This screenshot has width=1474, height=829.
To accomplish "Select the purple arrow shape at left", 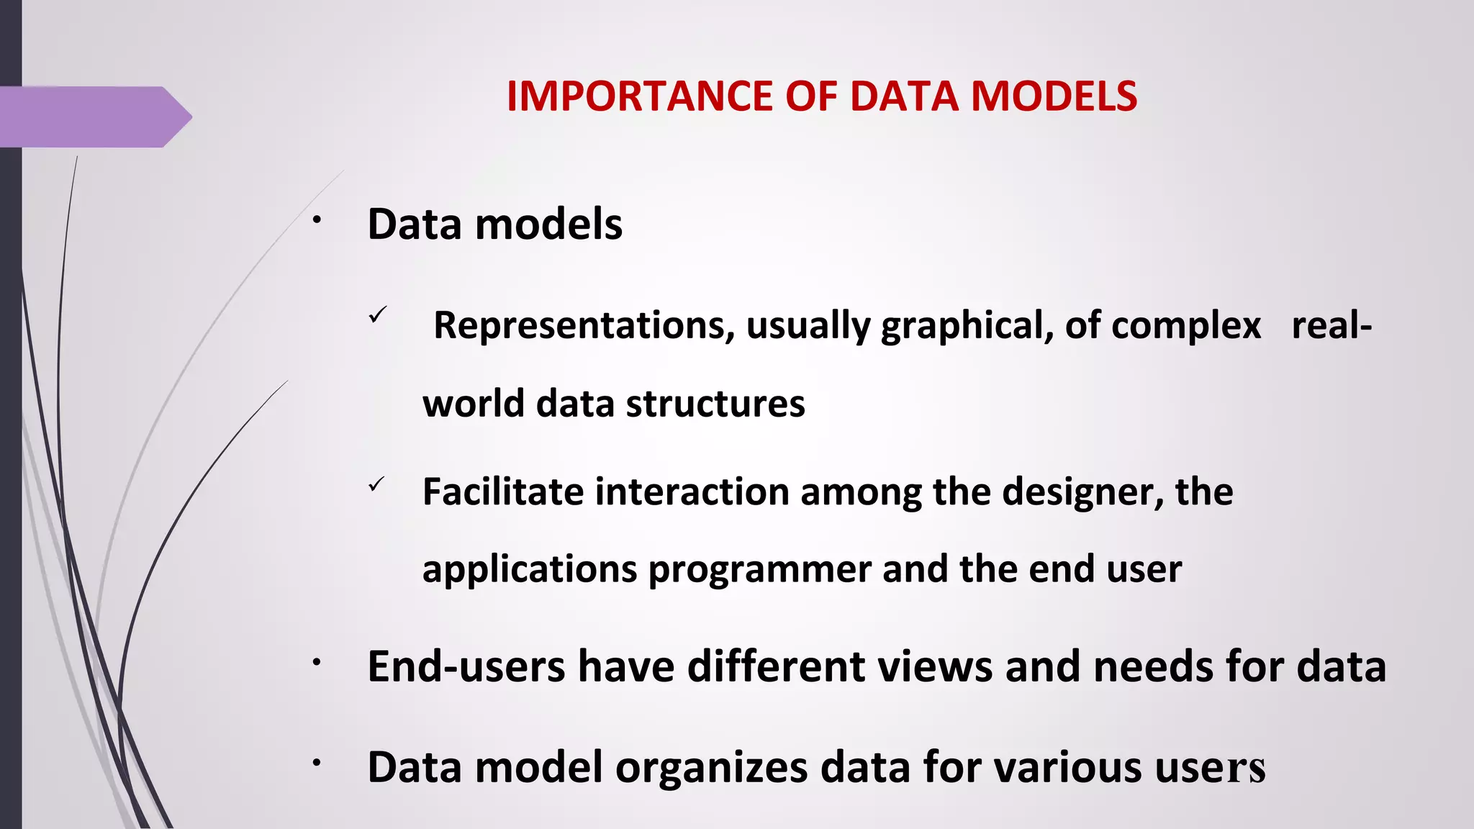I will coord(94,117).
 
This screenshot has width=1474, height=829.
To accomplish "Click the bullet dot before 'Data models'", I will coord(316,220).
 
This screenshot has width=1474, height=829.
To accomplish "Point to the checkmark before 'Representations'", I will coord(378,315).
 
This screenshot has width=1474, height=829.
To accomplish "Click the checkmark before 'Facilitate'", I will coord(376,484).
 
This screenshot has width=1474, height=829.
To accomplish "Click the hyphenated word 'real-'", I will coord(1331,325).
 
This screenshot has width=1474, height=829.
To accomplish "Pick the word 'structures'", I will coord(715,403).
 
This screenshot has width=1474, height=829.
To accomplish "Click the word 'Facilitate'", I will coord(502,492).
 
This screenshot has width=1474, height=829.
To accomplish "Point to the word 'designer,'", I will coord(1082,492).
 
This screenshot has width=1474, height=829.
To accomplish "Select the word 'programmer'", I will coord(759,570).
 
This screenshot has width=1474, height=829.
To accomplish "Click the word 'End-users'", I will coord(466,666).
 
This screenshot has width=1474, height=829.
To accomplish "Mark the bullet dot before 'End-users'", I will coord(316,663).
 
